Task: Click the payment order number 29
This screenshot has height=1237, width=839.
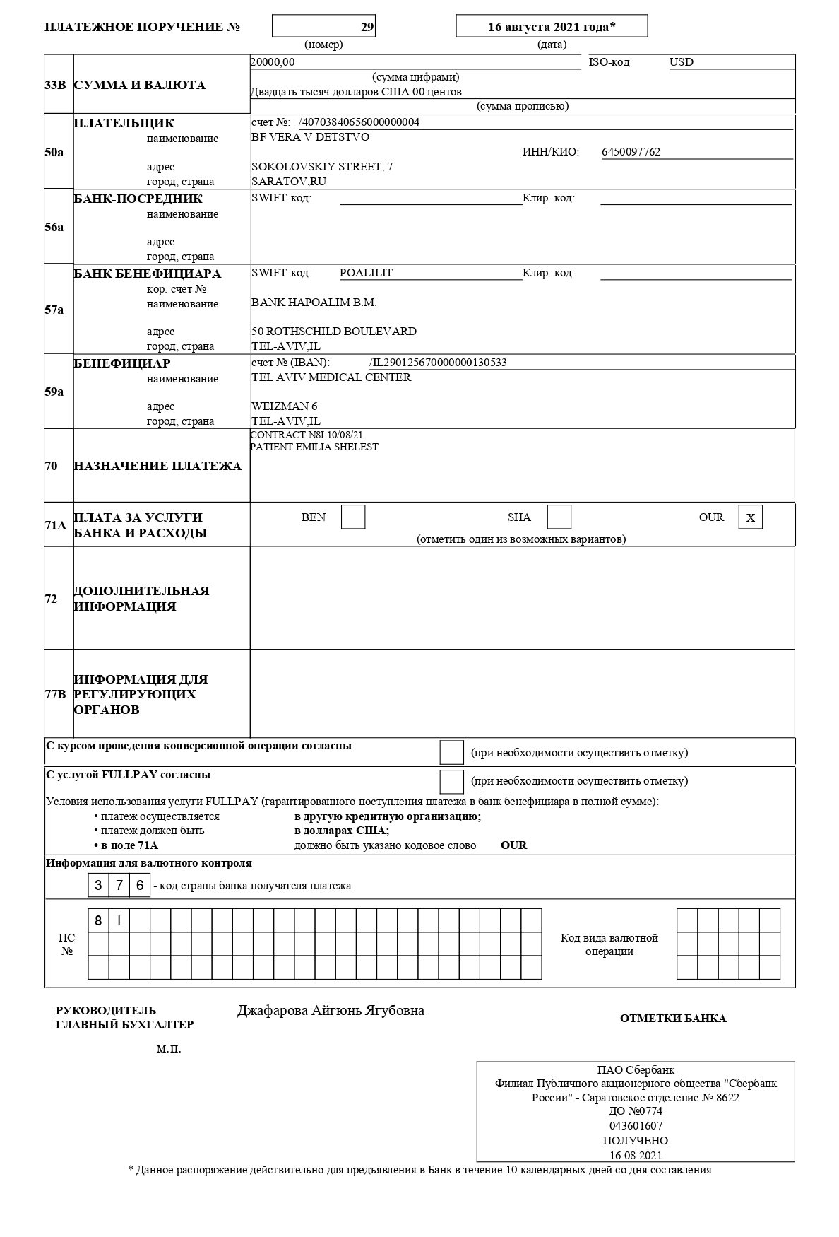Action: point(367,27)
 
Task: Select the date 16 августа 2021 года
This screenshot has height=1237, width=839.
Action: point(552,27)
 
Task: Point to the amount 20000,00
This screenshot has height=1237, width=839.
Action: point(273,62)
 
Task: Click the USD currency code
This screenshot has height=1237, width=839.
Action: point(682,62)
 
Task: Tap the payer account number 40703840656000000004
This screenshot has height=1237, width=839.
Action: point(359,122)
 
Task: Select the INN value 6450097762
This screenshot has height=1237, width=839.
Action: point(631,152)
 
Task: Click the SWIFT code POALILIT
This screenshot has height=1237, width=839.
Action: point(366,273)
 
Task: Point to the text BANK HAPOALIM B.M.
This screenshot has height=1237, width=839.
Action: point(314,303)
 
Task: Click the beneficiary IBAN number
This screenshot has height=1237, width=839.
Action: point(438,363)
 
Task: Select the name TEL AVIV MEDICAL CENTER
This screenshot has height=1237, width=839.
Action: point(331,377)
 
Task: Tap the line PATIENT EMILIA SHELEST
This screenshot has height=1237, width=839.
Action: point(314,447)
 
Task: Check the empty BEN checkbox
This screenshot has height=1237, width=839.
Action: point(353,517)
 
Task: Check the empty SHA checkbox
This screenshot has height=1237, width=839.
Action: point(559,517)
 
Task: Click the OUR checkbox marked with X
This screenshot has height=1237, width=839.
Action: point(750,517)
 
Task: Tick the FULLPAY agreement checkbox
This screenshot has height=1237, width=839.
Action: point(451,781)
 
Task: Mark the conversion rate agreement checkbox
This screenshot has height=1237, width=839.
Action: point(451,753)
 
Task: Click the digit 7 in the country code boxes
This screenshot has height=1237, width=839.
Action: point(119,885)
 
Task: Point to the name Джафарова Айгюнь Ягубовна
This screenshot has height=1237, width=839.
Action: point(331,1011)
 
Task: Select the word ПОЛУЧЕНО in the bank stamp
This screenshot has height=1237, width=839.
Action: point(635,1141)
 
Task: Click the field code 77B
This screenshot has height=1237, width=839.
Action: point(55,694)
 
